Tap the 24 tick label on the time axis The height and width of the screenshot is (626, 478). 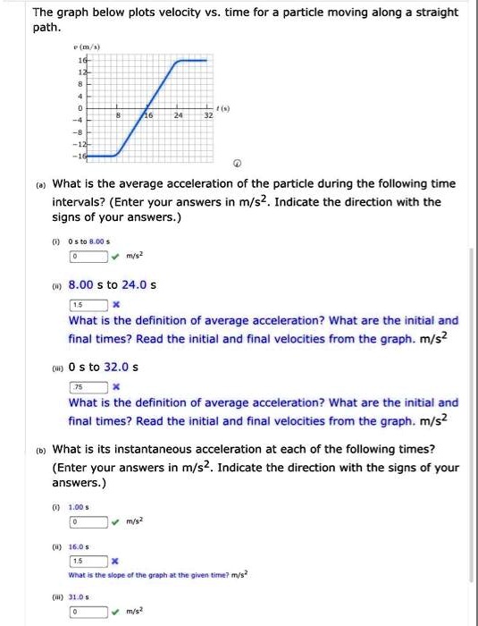[x=179, y=117]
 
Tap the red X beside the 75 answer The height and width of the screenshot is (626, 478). [x=116, y=388]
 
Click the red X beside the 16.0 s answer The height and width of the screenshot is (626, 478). [x=115, y=561]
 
